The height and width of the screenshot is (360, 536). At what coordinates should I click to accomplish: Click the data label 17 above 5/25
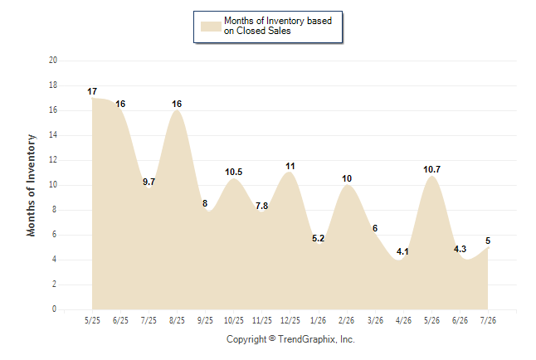coord(92,91)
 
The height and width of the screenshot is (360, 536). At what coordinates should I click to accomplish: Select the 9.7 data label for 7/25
coord(149,182)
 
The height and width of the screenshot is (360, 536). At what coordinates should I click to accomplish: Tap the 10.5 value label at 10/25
coord(233,172)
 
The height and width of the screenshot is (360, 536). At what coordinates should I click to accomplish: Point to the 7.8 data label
coord(261,206)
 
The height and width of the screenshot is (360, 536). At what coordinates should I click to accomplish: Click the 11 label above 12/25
coord(290,166)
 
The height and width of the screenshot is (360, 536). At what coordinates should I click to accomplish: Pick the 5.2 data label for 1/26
coord(318,238)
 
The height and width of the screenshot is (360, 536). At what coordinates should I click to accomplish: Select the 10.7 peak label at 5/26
coord(431,169)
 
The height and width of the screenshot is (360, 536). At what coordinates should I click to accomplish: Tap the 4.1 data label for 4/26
coord(402,251)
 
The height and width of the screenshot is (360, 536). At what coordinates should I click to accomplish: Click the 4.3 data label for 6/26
coord(460,249)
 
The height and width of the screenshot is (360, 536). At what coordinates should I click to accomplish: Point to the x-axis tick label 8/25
coord(177,320)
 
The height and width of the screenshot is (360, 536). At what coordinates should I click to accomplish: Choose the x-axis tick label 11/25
coord(262,320)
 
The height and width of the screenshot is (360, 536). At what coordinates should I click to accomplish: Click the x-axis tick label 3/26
coord(375,320)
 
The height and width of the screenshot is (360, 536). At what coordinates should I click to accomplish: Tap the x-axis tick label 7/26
coord(488,320)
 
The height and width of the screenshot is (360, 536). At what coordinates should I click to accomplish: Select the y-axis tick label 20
coord(53,61)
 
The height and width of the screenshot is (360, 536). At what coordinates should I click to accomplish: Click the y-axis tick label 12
coord(53,159)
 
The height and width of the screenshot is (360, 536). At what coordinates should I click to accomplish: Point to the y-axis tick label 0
coord(54,309)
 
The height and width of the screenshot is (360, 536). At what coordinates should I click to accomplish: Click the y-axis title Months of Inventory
coord(31,185)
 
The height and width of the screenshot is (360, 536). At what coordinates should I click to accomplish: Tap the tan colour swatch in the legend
coord(211,27)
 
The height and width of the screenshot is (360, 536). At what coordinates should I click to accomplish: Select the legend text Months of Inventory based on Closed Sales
coord(278,26)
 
